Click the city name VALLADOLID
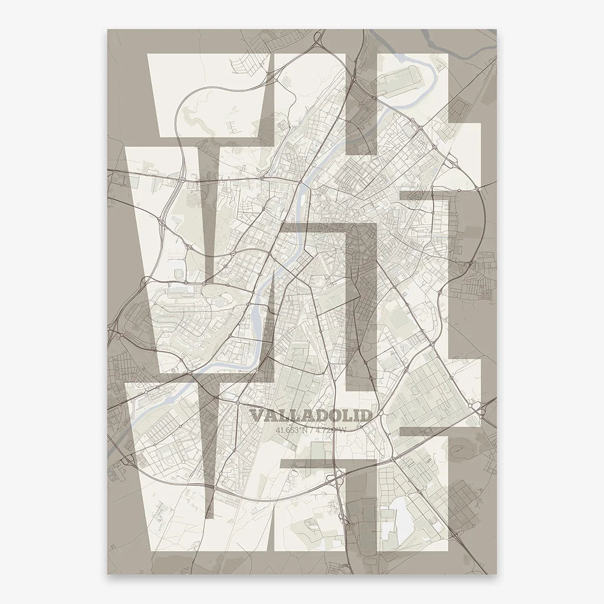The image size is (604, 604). tap(311, 416)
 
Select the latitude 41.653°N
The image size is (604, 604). tap(291, 429)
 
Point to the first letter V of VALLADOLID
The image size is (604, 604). tap(255, 416)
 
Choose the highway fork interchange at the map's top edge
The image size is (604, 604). tap(319, 42)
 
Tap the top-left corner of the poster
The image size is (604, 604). tap(107, 29)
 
